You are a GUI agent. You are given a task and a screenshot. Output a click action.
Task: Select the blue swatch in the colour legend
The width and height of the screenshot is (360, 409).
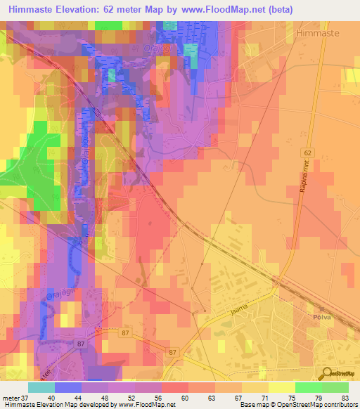(x=68, y=387)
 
